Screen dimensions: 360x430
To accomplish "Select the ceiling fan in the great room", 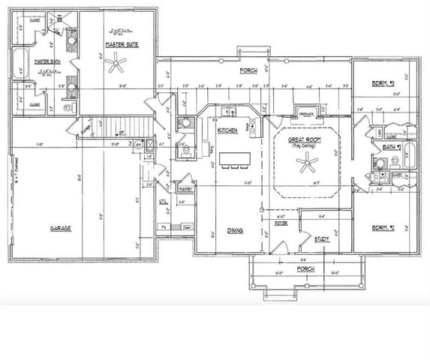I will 305,167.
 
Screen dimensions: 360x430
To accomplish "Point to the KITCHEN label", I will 227,130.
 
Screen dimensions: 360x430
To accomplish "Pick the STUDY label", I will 323,239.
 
